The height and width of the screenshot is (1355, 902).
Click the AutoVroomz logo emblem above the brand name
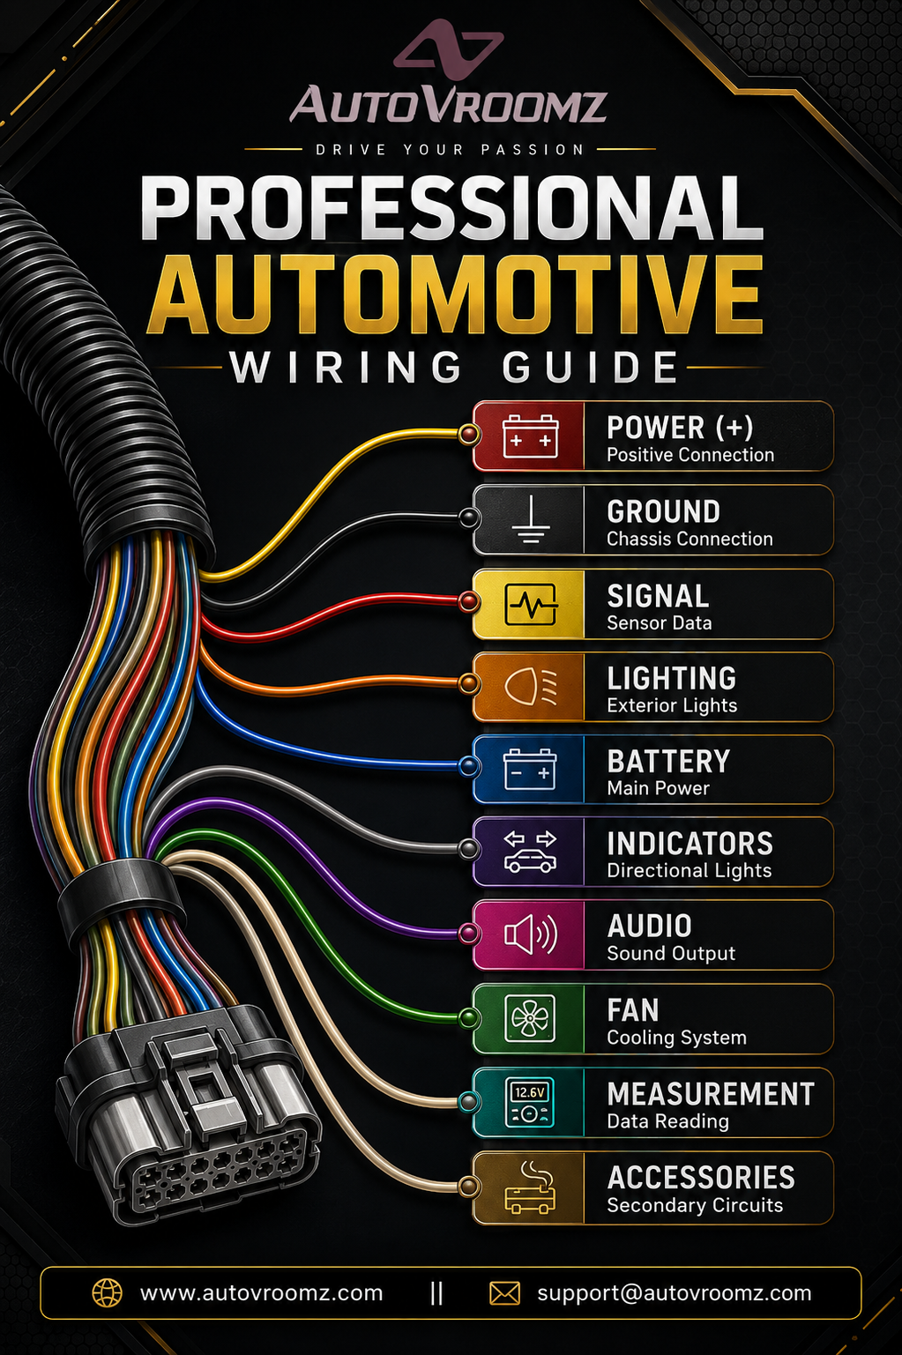click(448, 48)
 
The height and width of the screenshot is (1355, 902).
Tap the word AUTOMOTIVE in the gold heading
click(455, 294)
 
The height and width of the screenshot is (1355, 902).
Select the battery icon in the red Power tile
click(531, 436)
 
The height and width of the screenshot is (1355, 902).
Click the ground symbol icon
click(531, 519)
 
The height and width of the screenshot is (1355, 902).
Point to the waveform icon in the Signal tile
click(531, 604)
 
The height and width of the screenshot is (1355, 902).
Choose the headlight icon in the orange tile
click(531, 687)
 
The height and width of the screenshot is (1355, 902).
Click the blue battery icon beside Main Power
click(531, 769)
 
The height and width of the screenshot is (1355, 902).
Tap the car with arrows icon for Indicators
click(531, 851)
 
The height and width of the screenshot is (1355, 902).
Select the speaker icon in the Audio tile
click(531, 934)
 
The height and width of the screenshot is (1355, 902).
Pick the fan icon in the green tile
click(531, 1018)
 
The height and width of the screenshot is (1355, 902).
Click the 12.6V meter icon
click(531, 1102)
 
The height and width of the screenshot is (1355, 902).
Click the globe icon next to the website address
click(107, 1294)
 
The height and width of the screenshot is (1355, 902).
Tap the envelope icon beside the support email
click(504, 1294)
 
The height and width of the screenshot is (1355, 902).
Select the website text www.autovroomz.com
click(261, 1293)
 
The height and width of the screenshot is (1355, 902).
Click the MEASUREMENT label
click(711, 1094)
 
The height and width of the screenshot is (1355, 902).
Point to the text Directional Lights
click(690, 870)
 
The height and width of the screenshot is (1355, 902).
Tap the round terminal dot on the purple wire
click(468, 934)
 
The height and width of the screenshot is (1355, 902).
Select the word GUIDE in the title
click(591, 367)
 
